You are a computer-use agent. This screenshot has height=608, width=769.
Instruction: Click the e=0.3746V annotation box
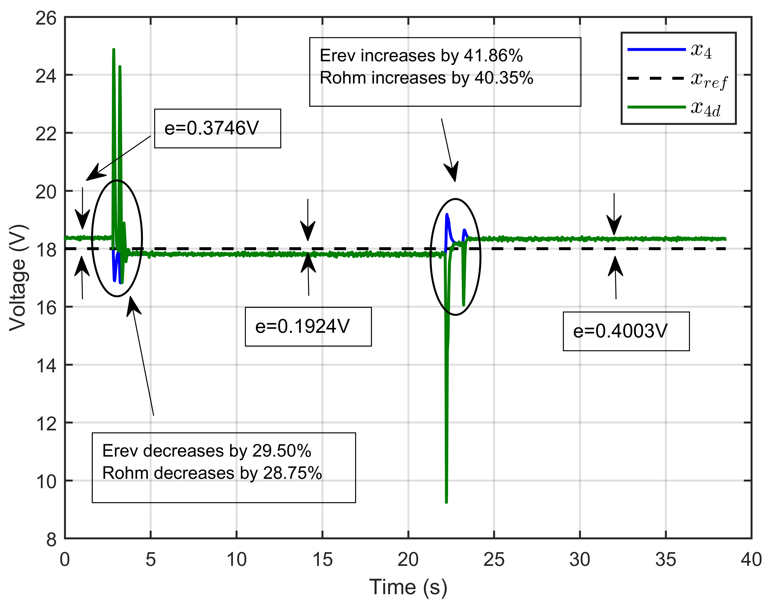pyautogui.click(x=217, y=128)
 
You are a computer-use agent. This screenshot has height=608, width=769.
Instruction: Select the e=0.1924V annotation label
pyautogui.click(x=308, y=326)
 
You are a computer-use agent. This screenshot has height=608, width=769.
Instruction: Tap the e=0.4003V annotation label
pyautogui.click(x=626, y=331)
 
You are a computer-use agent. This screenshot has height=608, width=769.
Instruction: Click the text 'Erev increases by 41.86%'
pyautogui.click(x=421, y=56)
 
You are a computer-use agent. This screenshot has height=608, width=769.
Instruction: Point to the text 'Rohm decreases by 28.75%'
pyautogui.click(x=212, y=473)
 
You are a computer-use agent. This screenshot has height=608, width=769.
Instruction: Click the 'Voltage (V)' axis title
pyautogui.click(x=18, y=278)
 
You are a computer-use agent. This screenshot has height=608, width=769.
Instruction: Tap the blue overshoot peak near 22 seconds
pyautogui.click(x=447, y=214)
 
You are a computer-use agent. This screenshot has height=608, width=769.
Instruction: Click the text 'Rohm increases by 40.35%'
pyautogui.click(x=426, y=78)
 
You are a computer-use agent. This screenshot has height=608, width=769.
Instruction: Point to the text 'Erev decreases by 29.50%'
pyautogui.click(x=206, y=451)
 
